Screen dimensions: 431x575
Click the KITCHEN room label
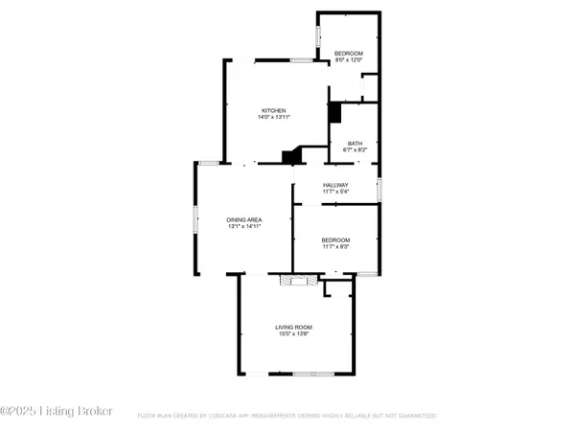[x=273, y=110]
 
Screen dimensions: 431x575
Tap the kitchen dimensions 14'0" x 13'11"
[x=273, y=118]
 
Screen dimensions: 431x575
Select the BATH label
[x=355, y=144]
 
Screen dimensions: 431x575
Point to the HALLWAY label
[x=335, y=185]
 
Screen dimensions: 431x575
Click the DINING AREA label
[x=244, y=219]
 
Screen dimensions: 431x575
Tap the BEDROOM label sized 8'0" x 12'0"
[x=348, y=53]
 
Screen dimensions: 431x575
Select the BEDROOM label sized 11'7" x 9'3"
[x=335, y=239]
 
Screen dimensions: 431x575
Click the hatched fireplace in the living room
[x=291, y=280]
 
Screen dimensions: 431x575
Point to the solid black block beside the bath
[x=334, y=112]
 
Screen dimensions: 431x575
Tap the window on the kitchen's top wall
[x=301, y=60]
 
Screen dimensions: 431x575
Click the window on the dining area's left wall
[x=197, y=220]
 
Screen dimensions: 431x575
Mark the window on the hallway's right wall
[x=379, y=189]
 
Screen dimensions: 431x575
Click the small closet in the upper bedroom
[x=369, y=89]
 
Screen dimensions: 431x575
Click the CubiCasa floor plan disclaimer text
[x=287, y=417]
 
